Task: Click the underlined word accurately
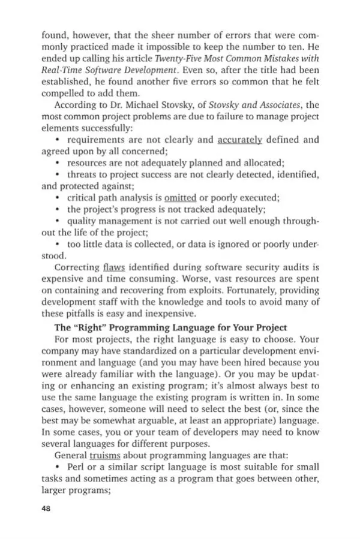240,140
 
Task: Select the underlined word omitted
182,197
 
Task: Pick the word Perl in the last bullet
78,467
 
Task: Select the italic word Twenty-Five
178,59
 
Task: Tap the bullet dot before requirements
57,140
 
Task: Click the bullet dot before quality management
57,220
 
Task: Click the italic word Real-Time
63,71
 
